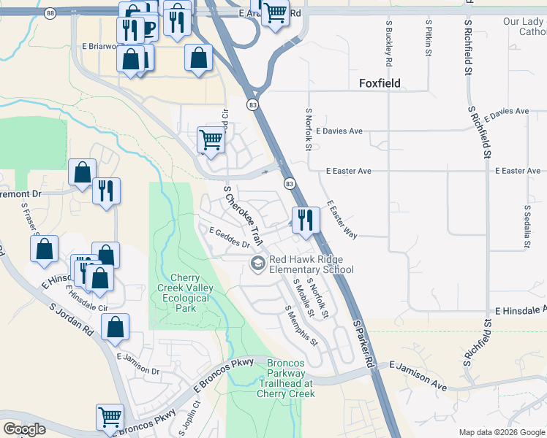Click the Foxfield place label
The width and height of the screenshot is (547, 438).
click(x=380, y=83)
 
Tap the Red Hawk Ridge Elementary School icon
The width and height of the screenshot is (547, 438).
click(x=257, y=264)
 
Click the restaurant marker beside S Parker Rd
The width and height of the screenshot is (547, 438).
click(x=306, y=220)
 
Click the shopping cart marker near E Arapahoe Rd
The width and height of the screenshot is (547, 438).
click(x=274, y=13)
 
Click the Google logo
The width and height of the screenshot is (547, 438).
click(x=24, y=429)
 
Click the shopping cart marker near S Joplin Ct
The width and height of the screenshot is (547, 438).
click(x=110, y=418)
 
